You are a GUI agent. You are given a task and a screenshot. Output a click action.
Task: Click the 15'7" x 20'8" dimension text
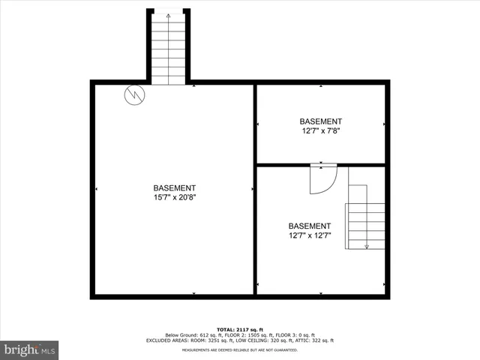175,197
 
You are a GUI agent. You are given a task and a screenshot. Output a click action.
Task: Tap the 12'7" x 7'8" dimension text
320,130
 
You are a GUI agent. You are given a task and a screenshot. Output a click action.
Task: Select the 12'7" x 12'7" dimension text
310,235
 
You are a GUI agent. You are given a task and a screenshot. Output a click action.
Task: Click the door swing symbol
322,179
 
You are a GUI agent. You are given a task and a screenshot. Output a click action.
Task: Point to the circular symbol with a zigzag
134,95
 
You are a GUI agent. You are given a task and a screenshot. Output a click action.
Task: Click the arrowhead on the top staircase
168,15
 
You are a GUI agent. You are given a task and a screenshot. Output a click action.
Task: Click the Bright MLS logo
29,349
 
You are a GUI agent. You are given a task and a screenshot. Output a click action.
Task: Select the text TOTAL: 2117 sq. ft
240,329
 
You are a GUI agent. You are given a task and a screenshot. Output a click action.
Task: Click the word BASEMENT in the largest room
175,188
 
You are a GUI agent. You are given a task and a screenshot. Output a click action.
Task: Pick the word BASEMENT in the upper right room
320,121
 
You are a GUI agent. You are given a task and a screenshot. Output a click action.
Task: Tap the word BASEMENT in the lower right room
310,226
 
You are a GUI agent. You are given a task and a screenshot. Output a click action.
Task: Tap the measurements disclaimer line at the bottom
240,349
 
